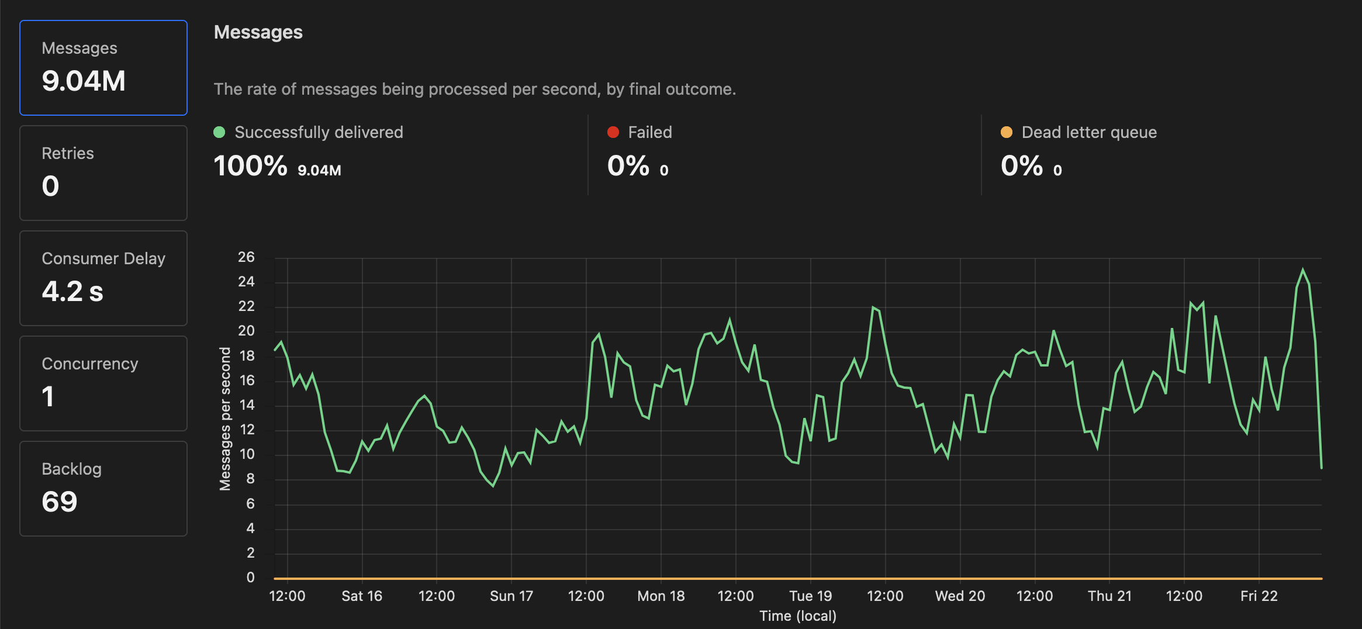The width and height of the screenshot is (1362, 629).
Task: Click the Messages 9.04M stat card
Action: pyautogui.click(x=103, y=68)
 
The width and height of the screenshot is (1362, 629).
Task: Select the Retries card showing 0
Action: pyautogui.click(x=103, y=173)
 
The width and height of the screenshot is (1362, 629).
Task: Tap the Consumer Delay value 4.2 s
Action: pyautogui.click(x=72, y=292)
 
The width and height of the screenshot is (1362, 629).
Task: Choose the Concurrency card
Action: pyautogui.click(x=103, y=383)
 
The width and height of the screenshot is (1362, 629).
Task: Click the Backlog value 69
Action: pyautogui.click(x=60, y=502)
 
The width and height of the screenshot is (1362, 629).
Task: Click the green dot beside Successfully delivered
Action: pyautogui.click(x=219, y=132)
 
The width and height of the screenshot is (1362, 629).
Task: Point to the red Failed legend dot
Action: pyautogui.click(x=613, y=132)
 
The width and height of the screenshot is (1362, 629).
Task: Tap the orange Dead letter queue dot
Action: pyautogui.click(x=1007, y=132)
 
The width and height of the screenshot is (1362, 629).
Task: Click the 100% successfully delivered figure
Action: pyautogui.click(x=250, y=166)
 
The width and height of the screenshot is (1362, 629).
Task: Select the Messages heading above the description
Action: pyautogui.click(x=258, y=32)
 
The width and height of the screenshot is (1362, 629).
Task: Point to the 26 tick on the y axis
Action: pyautogui.click(x=246, y=257)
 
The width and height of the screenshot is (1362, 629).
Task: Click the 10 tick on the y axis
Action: pyautogui.click(x=247, y=454)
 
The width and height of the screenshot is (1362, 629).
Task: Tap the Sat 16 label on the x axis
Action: pyautogui.click(x=362, y=596)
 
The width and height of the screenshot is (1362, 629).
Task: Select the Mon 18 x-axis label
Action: pyautogui.click(x=661, y=596)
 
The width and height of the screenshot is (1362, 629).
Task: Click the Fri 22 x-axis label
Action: pyautogui.click(x=1259, y=596)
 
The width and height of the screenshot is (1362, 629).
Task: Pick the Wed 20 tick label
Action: pyautogui.click(x=960, y=596)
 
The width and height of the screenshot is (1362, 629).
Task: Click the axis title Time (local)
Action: pyautogui.click(x=798, y=616)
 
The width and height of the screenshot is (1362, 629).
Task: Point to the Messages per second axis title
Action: pyautogui.click(x=225, y=419)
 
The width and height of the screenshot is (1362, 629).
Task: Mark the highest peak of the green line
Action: pyautogui.click(x=1303, y=269)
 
